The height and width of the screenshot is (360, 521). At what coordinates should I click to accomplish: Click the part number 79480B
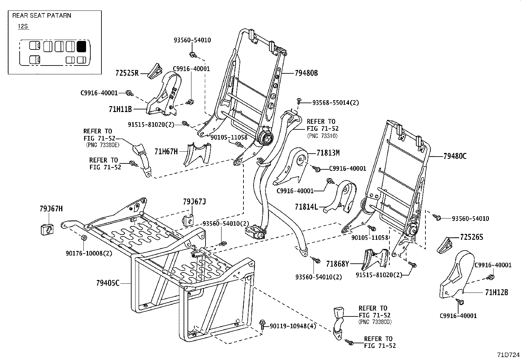[x=306, y=73]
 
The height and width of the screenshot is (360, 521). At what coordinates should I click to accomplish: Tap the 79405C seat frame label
[x=108, y=283]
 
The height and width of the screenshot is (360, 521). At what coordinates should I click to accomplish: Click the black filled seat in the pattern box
[x=81, y=47]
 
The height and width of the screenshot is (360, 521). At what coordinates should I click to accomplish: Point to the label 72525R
[x=127, y=73]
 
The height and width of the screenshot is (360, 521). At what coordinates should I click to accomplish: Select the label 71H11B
[x=120, y=109]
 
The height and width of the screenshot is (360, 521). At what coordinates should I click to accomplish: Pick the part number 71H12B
[x=496, y=292]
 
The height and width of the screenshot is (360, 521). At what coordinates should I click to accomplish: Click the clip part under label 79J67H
[x=47, y=229]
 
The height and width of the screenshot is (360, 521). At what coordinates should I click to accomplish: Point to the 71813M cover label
[x=328, y=153]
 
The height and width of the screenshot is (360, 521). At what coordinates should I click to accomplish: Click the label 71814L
[x=306, y=207]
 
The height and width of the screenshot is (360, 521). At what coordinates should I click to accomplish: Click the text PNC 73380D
[x=375, y=322]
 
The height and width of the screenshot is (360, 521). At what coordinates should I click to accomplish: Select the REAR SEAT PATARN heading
[x=42, y=15]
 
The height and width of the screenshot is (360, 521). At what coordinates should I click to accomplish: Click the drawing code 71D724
[x=508, y=355]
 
